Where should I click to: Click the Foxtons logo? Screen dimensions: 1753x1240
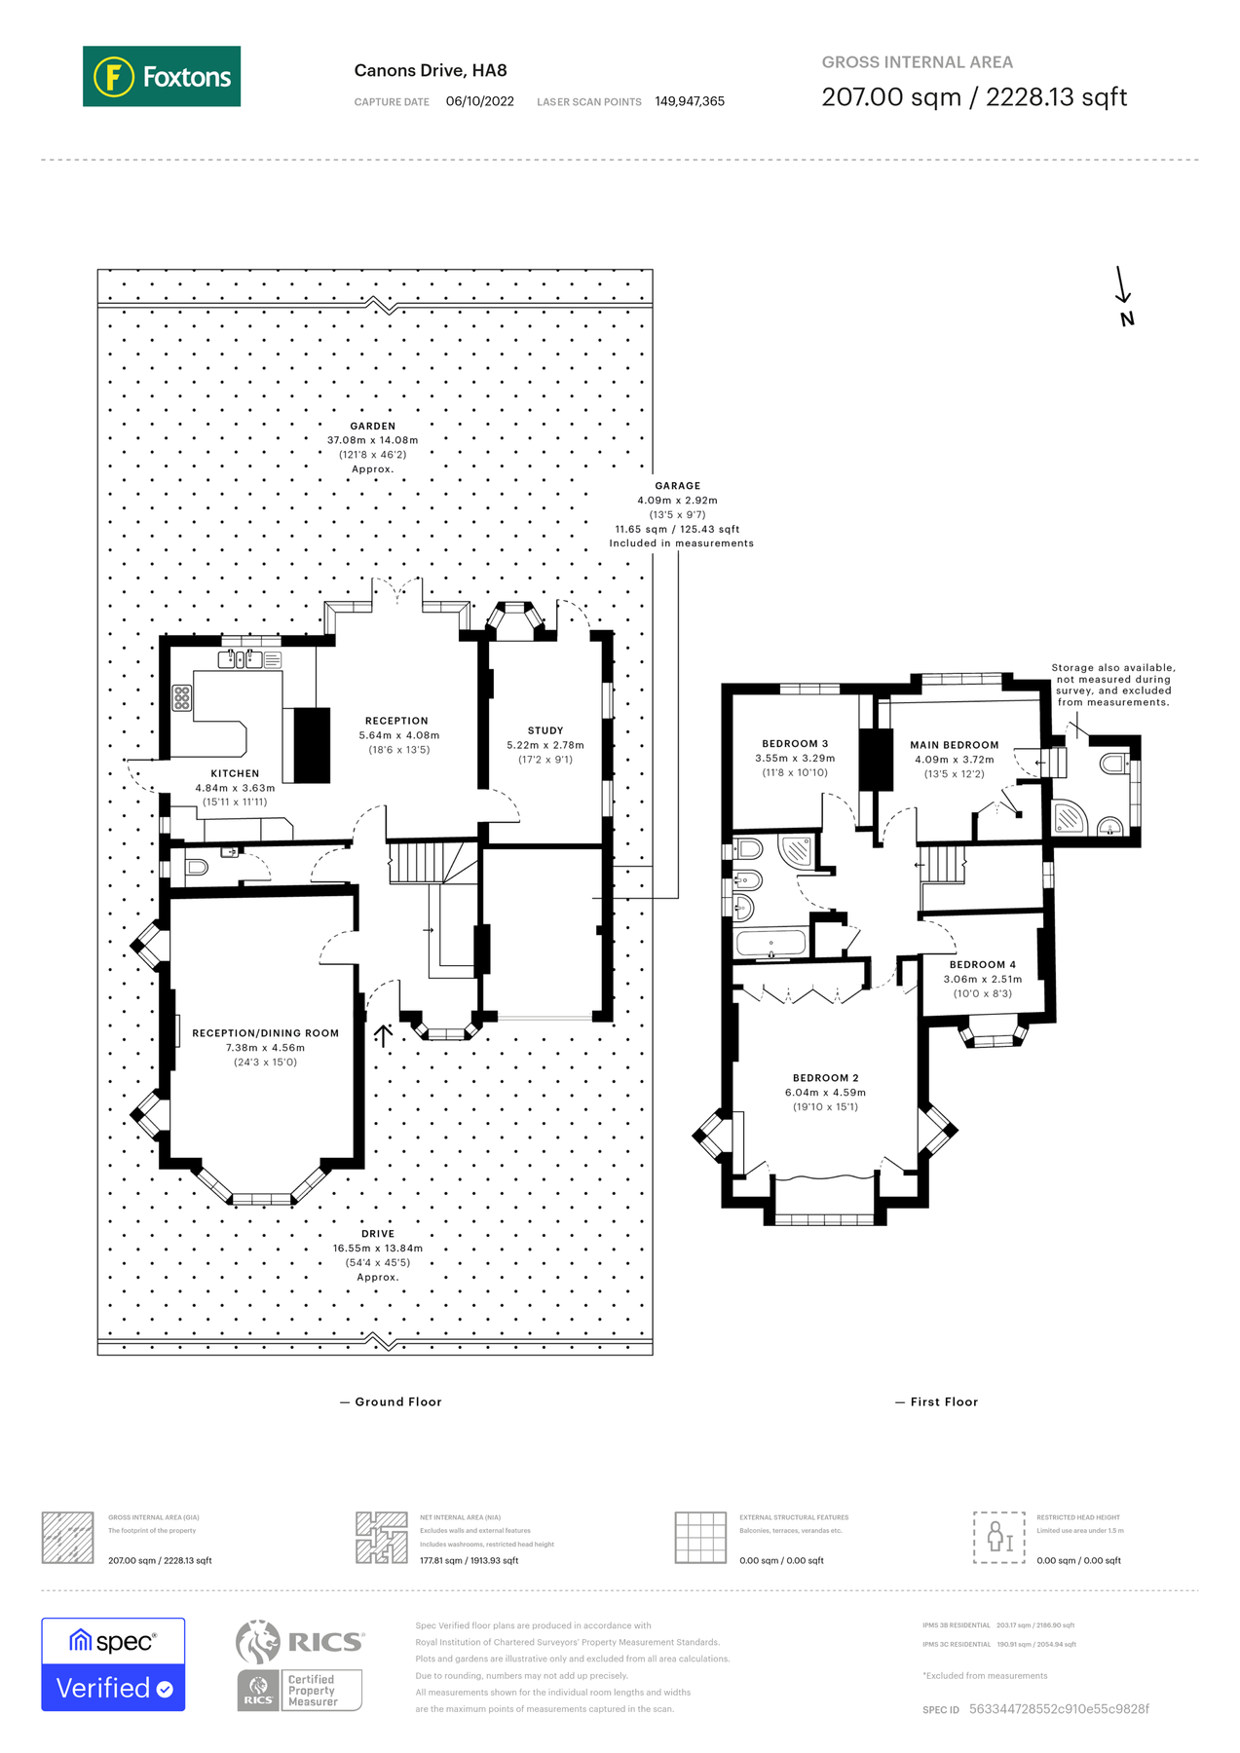(162, 76)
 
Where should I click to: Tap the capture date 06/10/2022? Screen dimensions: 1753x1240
(479, 101)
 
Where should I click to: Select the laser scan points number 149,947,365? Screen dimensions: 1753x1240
(690, 101)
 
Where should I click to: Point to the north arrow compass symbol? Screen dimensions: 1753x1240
(1124, 297)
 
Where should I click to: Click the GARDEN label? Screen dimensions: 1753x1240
(373, 427)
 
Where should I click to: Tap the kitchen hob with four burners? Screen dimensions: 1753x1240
(182, 697)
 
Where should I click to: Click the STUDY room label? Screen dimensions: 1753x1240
(545, 730)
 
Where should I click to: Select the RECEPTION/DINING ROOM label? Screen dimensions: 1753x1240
(265, 1033)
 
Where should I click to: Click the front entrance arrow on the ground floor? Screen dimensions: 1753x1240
(383, 1034)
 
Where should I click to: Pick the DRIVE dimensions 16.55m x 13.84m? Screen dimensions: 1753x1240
(378, 1249)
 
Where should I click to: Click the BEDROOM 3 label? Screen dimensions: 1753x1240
(795, 743)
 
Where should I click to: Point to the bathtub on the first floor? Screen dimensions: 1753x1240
(770, 943)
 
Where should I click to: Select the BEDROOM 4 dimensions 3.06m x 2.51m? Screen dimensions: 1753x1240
(983, 979)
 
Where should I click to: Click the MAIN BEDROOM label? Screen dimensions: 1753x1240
(955, 745)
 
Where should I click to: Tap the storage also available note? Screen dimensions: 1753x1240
(1113, 685)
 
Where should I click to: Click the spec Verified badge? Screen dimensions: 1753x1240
(113, 1664)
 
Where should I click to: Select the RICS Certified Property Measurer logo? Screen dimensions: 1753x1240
(300, 1664)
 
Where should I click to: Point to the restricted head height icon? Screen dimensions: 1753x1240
(999, 1538)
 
